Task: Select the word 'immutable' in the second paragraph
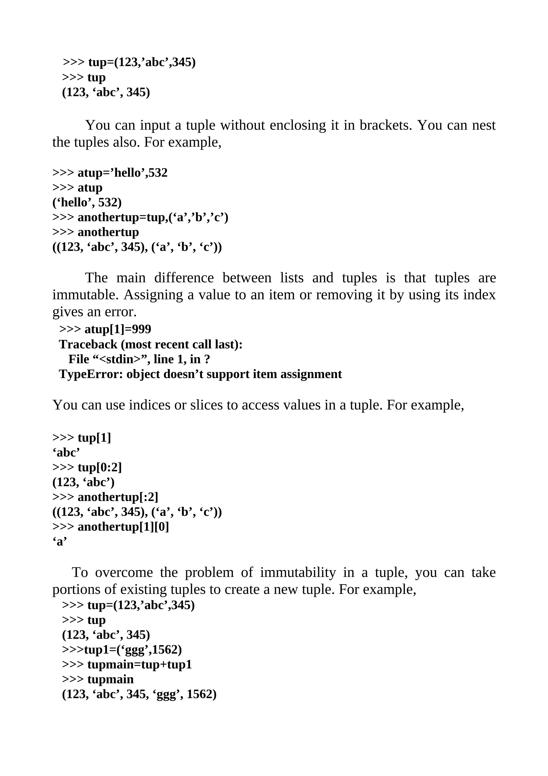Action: coord(85,295)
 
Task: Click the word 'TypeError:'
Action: coord(91,374)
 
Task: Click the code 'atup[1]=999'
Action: coord(118,329)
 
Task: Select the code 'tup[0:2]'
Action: coord(100,468)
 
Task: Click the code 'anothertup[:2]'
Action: coord(118,497)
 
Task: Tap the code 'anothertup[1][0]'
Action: coord(123,527)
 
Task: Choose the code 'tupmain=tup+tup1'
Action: coord(139,665)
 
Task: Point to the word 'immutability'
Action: coord(298,573)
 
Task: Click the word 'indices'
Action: coord(150,405)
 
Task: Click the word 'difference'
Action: coord(184,278)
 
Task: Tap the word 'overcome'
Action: coord(124,573)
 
